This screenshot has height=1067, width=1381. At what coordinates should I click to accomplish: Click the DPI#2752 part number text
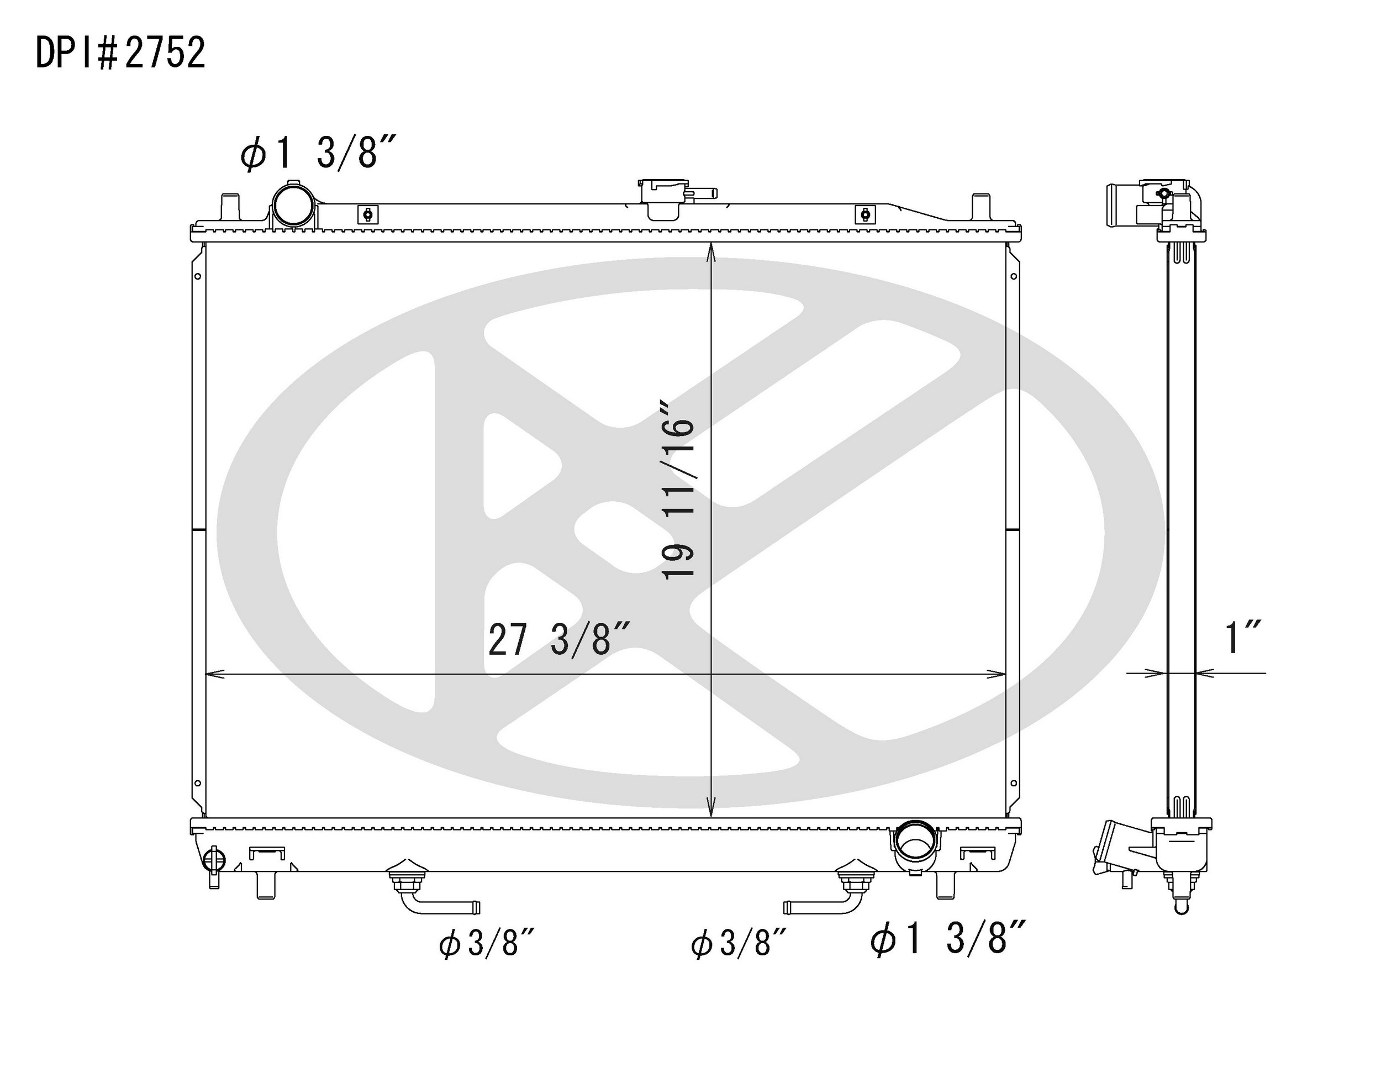coord(120,52)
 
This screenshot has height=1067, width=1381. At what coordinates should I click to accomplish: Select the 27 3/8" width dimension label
coord(559,639)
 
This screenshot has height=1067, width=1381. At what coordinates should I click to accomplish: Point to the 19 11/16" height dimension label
coord(678,489)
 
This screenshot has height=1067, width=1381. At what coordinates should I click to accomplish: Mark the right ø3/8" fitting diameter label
coord(739,945)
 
